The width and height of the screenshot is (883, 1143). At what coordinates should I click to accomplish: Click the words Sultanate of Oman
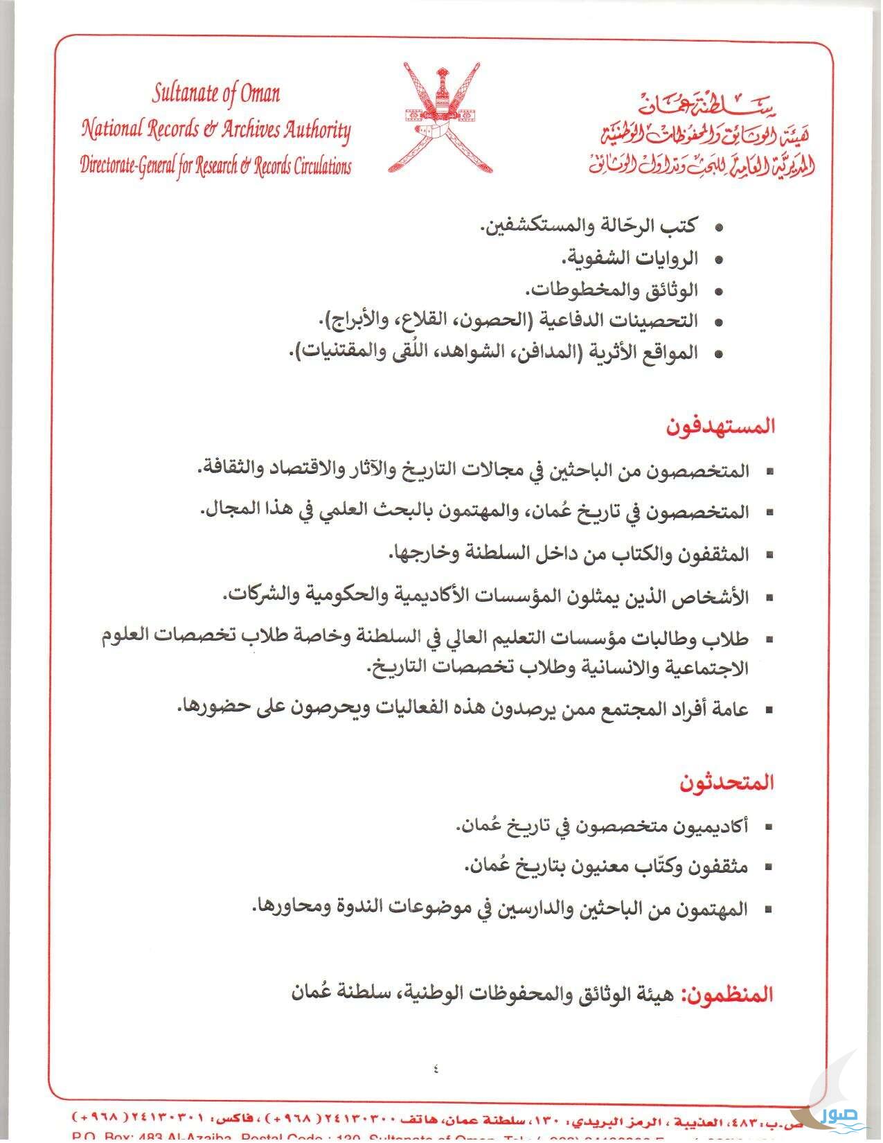pos(216,94)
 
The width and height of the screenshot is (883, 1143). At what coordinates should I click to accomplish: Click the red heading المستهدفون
pos(720,426)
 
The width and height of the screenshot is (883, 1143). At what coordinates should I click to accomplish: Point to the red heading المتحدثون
pos(726,783)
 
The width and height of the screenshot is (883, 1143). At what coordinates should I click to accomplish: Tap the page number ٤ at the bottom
pos(436,1068)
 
